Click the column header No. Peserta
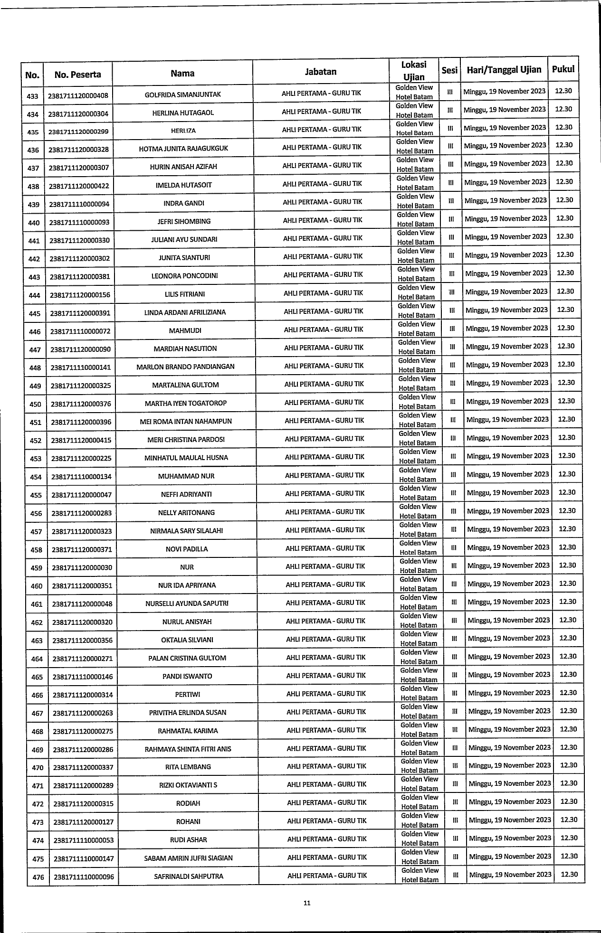coord(78,75)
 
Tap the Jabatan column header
coord(321,72)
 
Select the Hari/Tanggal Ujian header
coord(504,70)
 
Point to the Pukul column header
coord(563,69)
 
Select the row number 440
coord(34,223)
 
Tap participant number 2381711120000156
coord(80,295)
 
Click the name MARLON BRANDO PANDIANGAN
coord(185,367)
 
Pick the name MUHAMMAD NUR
coord(186,476)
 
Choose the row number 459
coord(36,568)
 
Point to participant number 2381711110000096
coord(84,877)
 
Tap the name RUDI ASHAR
coord(189,840)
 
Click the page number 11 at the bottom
coord(307,903)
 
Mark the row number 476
coord(38,877)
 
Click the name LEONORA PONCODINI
coord(185,276)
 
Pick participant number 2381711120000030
coord(82,568)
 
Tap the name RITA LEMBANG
coord(188,767)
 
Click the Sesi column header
coord(449,70)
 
